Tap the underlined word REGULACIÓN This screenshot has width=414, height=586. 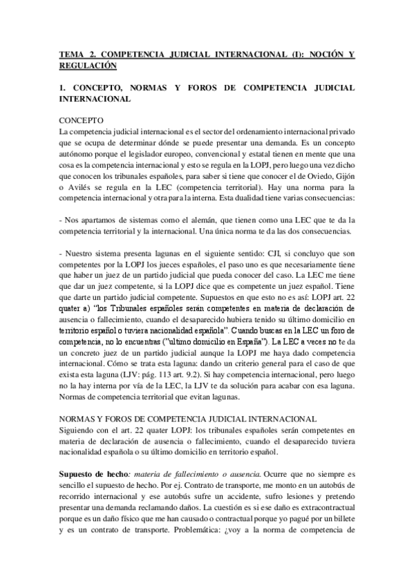(88, 66)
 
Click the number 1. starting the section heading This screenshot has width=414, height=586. (62, 89)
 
